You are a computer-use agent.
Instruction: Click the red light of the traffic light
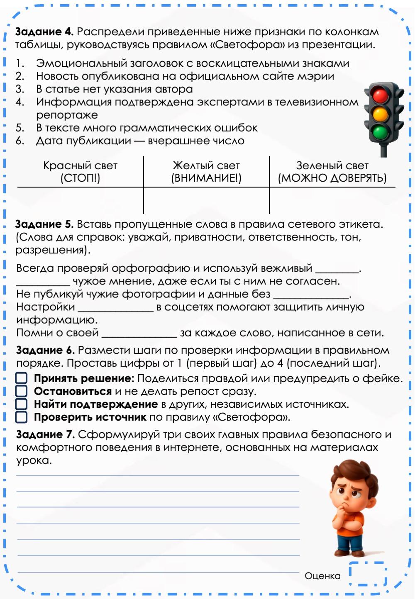coord(380,95)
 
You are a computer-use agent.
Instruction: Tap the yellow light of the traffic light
coord(380,114)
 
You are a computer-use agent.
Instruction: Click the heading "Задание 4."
coord(44,32)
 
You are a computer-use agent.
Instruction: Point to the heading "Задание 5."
coord(44,224)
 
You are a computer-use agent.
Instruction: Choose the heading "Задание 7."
coord(45,434)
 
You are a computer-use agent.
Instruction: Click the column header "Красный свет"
coord(80,166)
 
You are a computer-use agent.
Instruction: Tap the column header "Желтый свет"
coord(206,166)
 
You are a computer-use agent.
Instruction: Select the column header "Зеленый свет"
coord(332,166)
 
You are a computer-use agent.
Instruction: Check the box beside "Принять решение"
coord(21,378)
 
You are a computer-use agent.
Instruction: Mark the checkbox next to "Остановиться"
coord(21,391)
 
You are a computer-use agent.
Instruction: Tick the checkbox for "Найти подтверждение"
coord(21,404)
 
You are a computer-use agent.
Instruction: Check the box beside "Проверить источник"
coord(21,417)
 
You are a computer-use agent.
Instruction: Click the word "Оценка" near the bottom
coord(322,576)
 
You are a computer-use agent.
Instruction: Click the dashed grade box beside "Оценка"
coord(368,575)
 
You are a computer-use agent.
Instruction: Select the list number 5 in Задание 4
coord(20,128)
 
